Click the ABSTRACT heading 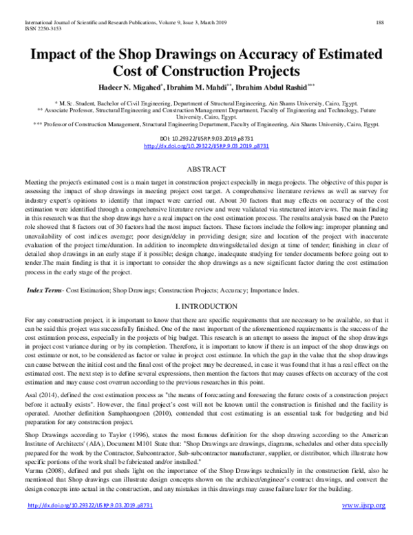[206, 168]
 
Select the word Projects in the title [264, 71]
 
